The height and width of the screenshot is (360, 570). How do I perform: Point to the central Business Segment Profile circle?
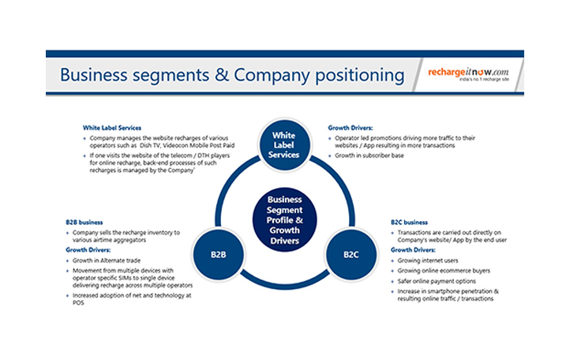(284, 215)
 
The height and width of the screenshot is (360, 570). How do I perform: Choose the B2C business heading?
(410, 223)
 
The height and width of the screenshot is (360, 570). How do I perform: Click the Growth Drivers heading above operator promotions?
(351, 126)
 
